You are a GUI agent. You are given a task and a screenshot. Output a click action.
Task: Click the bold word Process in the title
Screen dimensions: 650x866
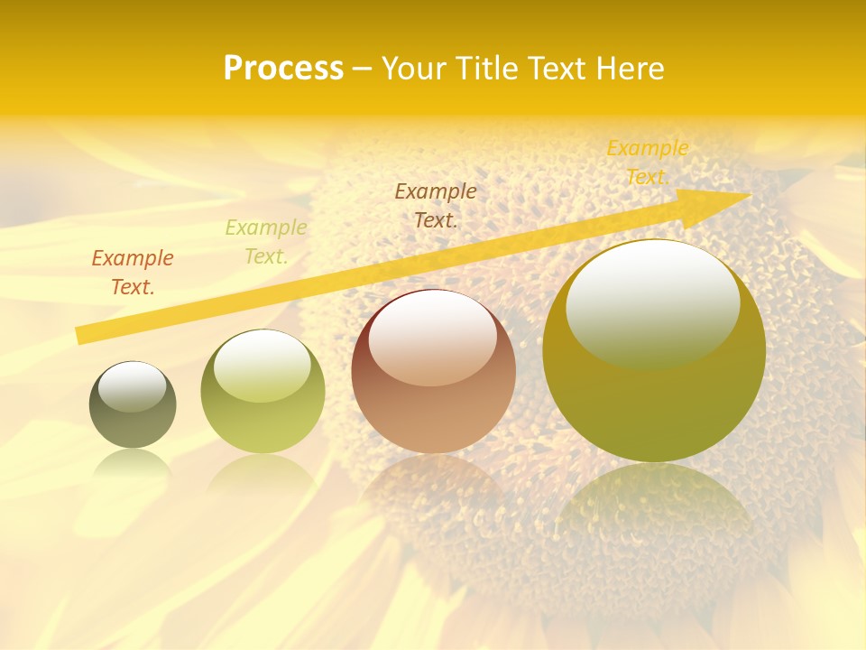pyautogui.click(x=283, y=69)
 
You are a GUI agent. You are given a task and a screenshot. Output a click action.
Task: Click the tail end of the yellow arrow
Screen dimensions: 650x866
pyautogui.click(x=81, y=335)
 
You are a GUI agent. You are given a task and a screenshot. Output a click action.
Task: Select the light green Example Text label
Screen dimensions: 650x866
pyautogui.click(x=266, y=242)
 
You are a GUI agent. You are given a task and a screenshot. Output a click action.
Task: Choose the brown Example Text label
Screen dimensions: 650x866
pyautogui.click(x=436, y=205)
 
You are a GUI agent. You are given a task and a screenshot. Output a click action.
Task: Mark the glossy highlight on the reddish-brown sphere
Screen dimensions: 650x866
pyautogui.click(x=432, y=337)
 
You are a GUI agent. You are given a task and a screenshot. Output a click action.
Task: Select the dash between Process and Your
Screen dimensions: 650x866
pyautogui.click(x=363, y=69)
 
